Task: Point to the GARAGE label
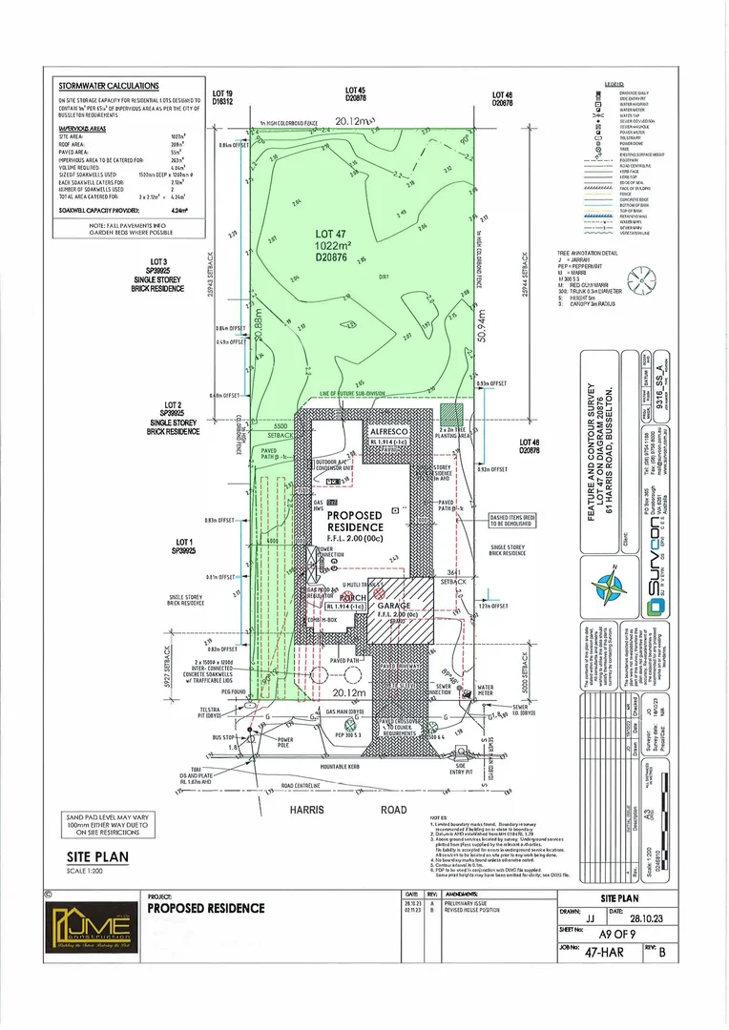[393, 606]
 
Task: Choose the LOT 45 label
[356, 93]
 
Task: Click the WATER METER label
[486, 689]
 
